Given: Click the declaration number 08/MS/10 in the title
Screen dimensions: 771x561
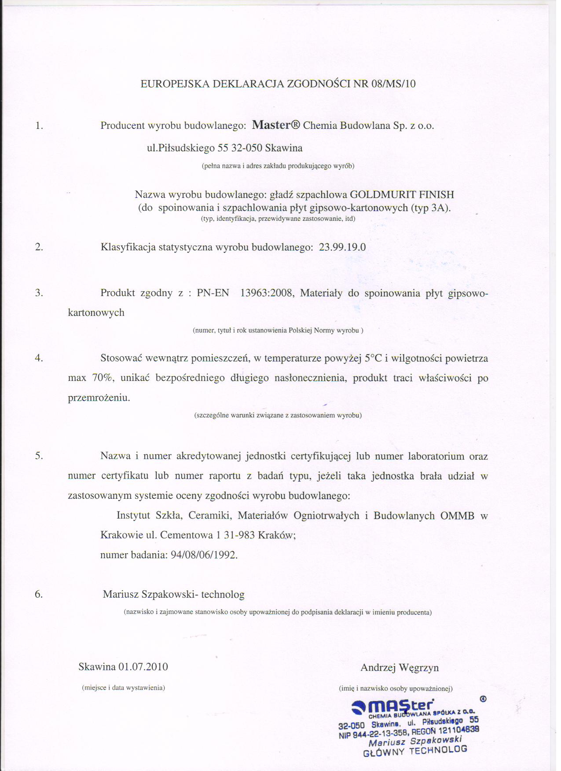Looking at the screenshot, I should click(393, 84).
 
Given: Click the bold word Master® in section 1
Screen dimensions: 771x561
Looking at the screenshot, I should click(276, 125).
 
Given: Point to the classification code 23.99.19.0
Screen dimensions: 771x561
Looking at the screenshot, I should click(342, 247).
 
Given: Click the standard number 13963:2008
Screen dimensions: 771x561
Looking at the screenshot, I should click(267, 293).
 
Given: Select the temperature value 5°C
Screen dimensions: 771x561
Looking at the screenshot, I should click(374, 358).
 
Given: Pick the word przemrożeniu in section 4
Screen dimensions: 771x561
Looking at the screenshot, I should click(99, 398).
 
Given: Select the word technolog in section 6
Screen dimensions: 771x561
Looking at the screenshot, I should click(223, 595).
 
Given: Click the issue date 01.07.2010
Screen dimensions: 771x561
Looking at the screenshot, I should click(143, 667).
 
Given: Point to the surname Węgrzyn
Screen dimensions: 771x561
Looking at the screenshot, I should click(419, 668).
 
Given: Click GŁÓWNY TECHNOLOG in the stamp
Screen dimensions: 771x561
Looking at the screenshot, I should click(414, 751).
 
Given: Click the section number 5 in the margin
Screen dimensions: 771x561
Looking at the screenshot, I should click(39, 456).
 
